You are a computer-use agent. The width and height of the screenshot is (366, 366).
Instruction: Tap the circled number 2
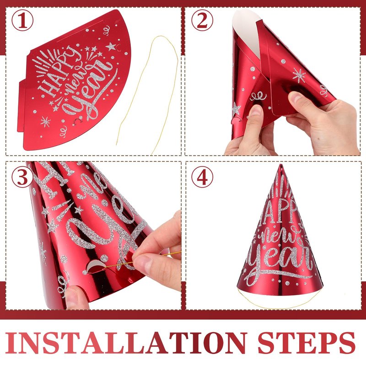[x=202, y=20]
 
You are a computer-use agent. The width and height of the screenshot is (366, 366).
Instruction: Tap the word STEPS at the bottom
[x=307, y=343]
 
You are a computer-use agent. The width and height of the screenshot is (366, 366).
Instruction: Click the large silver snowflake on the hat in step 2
[x=299, y=75]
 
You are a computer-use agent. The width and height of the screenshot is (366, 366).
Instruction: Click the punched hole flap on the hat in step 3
[x=95, y=267]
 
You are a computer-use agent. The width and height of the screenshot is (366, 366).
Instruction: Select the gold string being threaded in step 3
[x=145, y=258]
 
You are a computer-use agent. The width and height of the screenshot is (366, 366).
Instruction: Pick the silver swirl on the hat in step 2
[x=258, y=96]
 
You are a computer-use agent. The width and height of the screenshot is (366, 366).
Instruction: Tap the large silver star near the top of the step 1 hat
[x=111, y=47]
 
